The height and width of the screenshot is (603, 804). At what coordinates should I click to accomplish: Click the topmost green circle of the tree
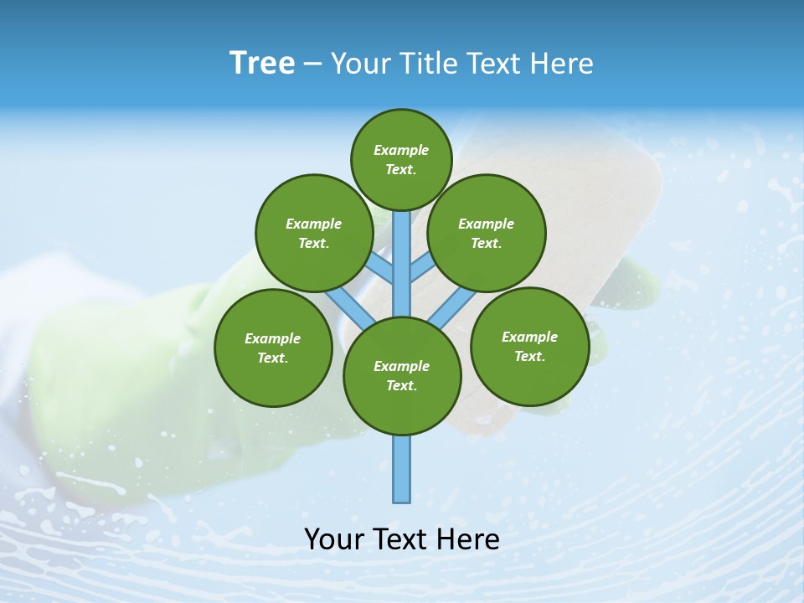coord(401,159)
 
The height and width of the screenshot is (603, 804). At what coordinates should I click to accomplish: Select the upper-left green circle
coord(313,234)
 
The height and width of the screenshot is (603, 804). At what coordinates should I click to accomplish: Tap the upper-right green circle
coord(487,234)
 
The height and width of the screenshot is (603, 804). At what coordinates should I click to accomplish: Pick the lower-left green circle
coord(273,348)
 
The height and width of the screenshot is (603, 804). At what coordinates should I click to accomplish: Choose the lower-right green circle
coord(529,346)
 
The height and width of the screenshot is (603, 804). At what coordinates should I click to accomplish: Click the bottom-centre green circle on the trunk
coord(402,376)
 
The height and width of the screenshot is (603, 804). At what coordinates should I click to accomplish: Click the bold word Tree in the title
coord(262,63)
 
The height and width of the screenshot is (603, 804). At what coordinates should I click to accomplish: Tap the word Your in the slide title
coord(356,64)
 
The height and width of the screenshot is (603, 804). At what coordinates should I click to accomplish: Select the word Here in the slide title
coord(563,64)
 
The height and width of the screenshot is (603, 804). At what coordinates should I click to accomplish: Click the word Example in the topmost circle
coord(401,150)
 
